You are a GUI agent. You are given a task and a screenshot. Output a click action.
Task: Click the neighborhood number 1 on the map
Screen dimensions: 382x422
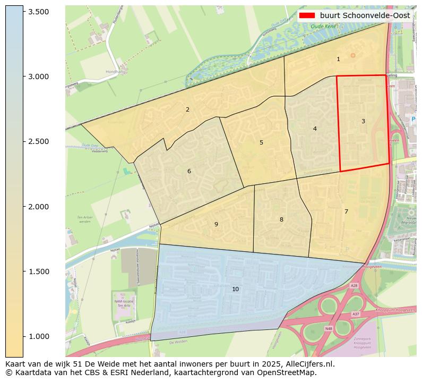click(338, 59)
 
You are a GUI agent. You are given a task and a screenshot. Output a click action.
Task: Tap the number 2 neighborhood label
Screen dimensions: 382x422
click(187, 109)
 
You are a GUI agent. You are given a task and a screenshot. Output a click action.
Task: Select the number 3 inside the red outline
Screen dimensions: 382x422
click(363, 121)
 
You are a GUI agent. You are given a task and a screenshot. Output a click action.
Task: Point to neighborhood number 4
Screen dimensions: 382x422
click(315, 129)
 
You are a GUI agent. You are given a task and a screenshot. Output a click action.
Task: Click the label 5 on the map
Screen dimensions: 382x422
click(261, 142)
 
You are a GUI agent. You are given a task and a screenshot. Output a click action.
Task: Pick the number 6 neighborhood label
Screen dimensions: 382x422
click(189, 171)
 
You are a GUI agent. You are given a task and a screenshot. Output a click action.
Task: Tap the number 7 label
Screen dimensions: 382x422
click(346, 211)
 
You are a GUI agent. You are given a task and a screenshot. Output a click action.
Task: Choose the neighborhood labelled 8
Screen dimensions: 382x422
click(281, 219)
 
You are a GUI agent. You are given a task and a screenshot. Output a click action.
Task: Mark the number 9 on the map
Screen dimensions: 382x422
click(216, 224)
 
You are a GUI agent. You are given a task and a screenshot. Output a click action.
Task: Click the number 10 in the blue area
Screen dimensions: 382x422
click(235, 289)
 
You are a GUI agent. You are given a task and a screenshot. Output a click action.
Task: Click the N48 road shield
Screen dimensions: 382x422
click(329, 329)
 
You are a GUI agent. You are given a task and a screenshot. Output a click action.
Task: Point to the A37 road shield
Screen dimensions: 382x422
click(355, 315)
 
